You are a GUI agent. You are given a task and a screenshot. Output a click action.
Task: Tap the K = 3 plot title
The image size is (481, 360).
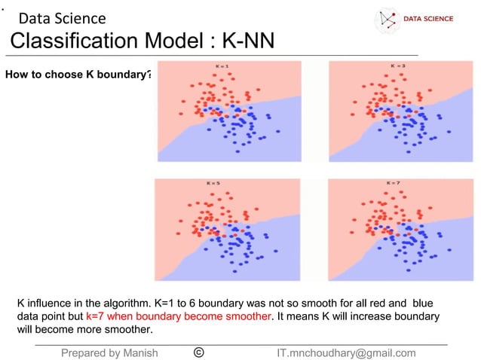pyautogui.click(x=397, y=66)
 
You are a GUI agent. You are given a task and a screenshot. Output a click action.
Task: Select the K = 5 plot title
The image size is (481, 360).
pyautogui.click(x=213, y=183)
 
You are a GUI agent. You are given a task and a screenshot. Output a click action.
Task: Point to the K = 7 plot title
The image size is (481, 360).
pyautogui.click(x=394, y=183)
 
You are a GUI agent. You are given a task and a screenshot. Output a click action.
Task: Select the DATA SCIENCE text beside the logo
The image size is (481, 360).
pyautogui.click(x=428, y=19)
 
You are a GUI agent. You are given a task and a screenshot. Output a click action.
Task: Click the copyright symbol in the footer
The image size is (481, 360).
pyautogui.click(x=198, y=352)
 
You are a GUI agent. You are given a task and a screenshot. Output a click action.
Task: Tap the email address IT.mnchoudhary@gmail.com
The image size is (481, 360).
pyautogui.click(x=346, y=352)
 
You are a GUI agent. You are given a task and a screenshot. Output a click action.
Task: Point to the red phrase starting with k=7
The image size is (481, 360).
pyautogui.click(x=178, y=316)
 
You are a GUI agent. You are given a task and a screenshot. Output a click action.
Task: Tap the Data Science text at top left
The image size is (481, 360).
pyautogui.click(x=62, y=18)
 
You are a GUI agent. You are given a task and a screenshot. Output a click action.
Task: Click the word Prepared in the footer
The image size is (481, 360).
pyautogui.click(x=86, y=352)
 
